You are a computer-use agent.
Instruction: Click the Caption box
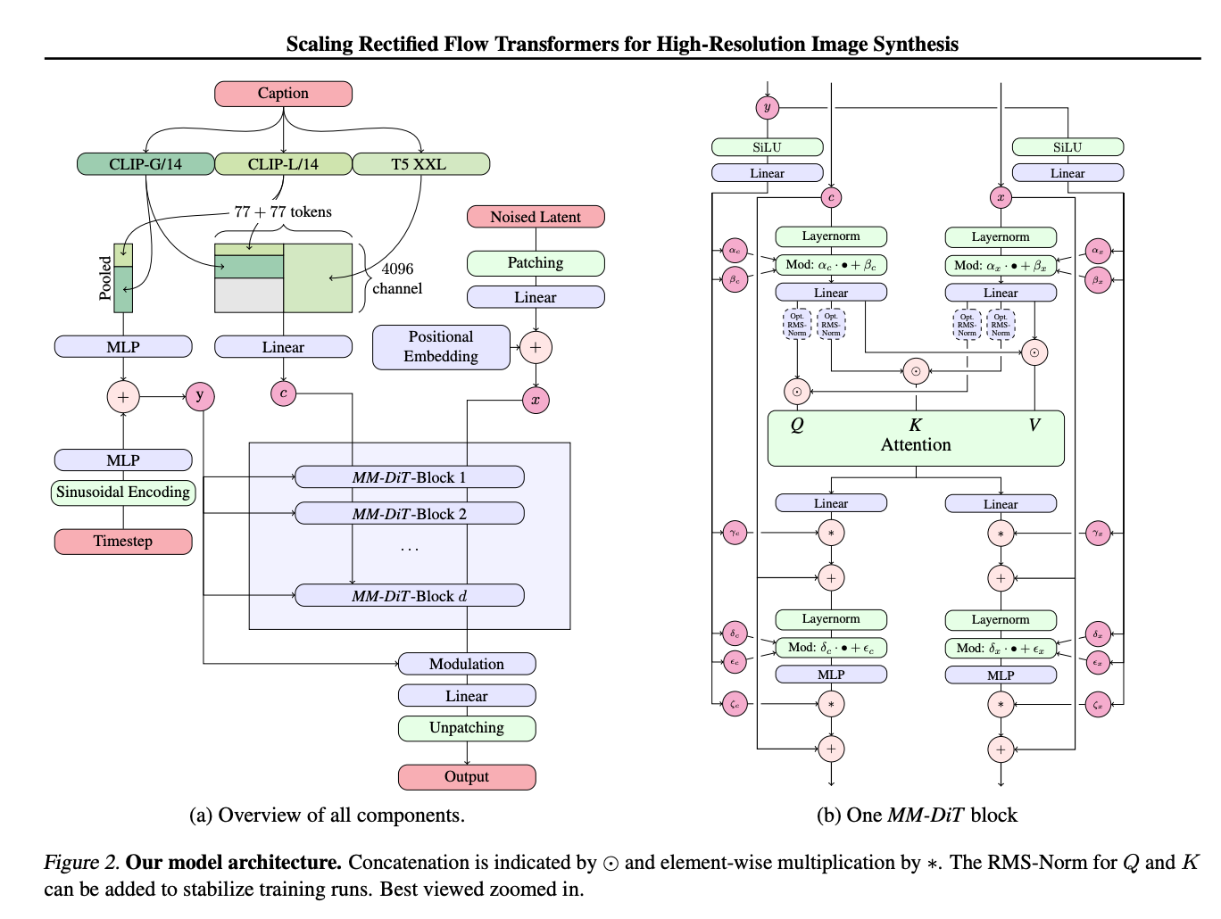point(283,94)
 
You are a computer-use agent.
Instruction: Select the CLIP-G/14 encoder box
point(145,164)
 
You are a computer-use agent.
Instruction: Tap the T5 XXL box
point(419,164)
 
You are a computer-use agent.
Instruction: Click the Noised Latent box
point(536,217)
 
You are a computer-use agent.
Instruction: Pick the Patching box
point(536,263)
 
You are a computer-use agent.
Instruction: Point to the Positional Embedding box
point(441,347)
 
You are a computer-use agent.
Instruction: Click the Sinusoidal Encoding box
point(123,493)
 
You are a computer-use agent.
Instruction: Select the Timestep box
point(123,542)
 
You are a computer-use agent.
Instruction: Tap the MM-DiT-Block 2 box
point(409,514)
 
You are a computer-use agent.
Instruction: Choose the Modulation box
point(467,664)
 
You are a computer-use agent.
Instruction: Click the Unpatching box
point(467,728)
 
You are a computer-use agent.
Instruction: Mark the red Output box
point(467,777)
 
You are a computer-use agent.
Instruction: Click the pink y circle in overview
point(200,396)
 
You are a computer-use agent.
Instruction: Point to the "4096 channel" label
point(397,278)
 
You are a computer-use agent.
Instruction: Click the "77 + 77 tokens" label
point(283,212)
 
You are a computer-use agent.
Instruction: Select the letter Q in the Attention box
point(797,426)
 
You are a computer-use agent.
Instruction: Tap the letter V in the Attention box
point(1034,426)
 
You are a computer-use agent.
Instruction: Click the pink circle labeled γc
point(735,534)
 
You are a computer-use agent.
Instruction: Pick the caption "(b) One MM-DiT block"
point(917,816)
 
